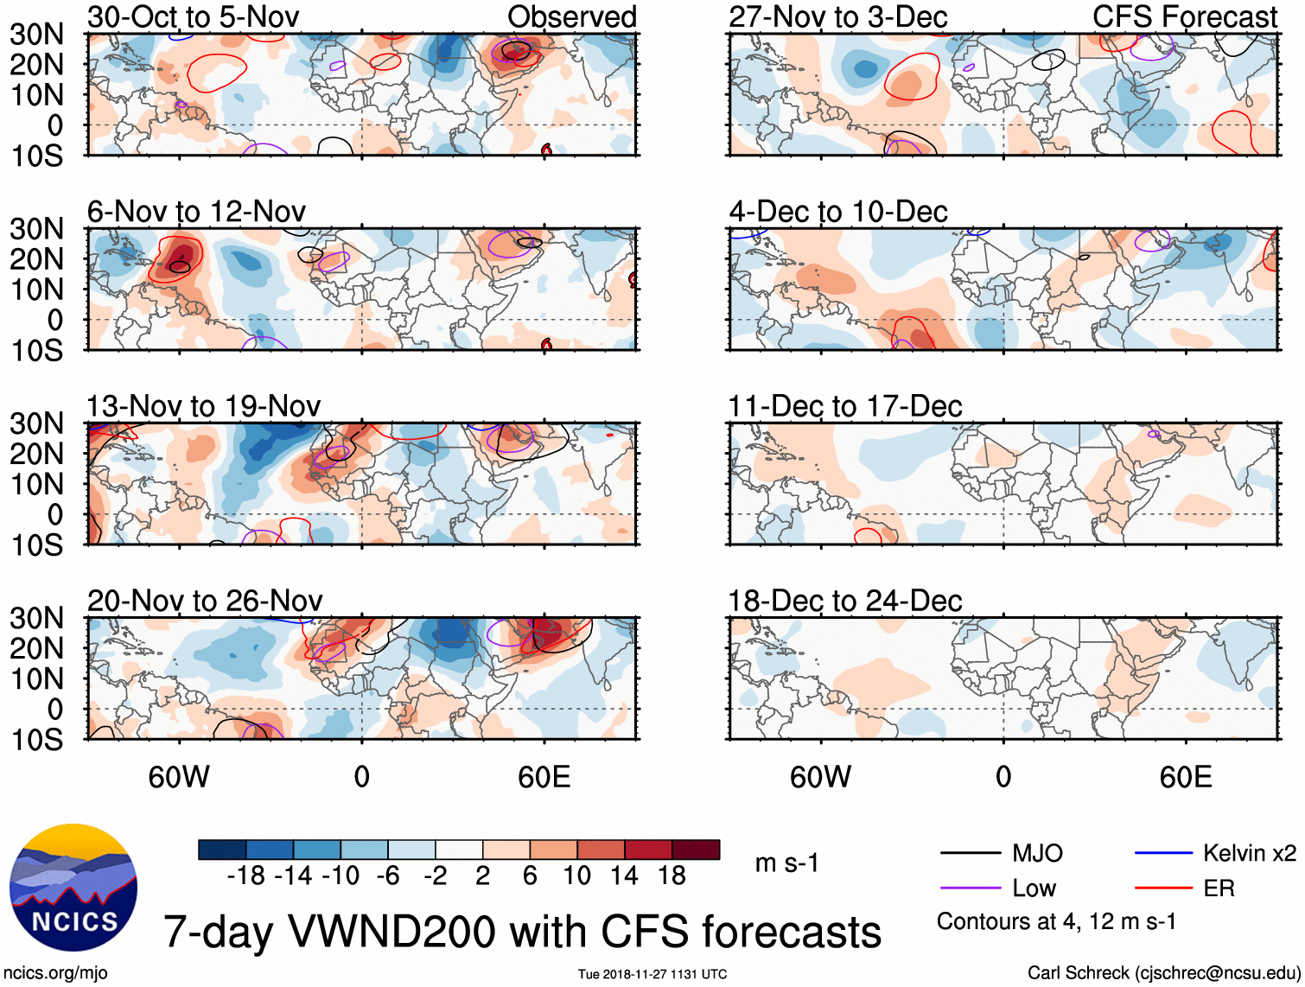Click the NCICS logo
pos(73,888)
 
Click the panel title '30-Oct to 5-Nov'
pos(193,16)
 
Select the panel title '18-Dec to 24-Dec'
pos(844,601)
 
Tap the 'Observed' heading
pos(571,16)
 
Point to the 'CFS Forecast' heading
pos(1184,16)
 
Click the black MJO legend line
pos(970,853)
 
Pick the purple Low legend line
pos(970,888)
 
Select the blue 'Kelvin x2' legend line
pos(1163,853)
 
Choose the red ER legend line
pos(1163,888)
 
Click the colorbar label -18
pos(245,876)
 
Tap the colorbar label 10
pos(576,876)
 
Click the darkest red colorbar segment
pos(696,850)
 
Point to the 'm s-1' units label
pos(786,863)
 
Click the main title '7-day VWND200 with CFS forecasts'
pos(522,932)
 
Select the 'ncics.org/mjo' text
pos(55,973)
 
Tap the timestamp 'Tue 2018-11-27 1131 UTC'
pos(652,974)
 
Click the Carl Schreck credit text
pos(1163,972)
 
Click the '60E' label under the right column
pos(1185,777)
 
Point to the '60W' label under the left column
pos(179,777)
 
